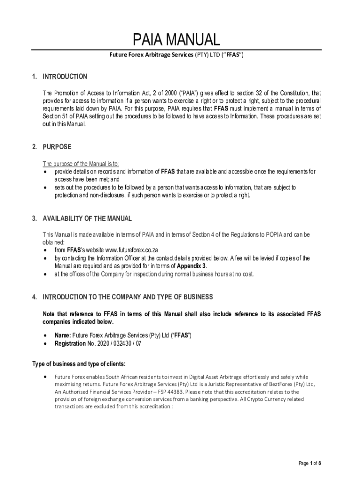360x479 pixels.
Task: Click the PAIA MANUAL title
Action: (176, 40)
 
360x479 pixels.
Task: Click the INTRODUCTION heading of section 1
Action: (65, 77)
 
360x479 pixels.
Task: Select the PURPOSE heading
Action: (57, 147)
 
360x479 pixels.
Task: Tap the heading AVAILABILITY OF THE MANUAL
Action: (87, 218)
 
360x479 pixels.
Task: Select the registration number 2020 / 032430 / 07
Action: (119, 343)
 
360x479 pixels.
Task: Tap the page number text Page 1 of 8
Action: (310, 463)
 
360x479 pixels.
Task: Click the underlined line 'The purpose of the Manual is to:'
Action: (81, 164)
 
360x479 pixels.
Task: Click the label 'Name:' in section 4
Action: (63, 336)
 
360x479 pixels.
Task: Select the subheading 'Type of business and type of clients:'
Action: (79, 364)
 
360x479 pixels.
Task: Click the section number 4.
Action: (34, 297)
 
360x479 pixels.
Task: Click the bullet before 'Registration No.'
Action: (44, 343)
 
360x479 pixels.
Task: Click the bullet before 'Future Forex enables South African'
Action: (44, 376)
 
